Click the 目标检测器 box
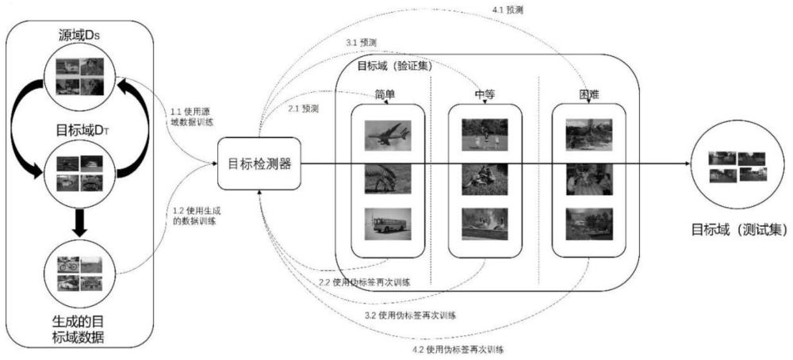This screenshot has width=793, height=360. click(259, 163)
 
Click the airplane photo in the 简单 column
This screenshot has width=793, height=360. click(388, 135)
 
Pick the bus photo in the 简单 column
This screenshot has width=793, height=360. click(388, 223)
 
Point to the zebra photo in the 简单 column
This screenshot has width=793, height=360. click(388, 179)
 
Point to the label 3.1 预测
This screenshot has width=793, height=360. click(361, 43)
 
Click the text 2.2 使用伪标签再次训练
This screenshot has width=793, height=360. click(364, 282)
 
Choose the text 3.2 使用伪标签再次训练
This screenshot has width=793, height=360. click(410, 316)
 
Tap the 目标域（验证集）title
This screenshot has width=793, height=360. click(395, 67)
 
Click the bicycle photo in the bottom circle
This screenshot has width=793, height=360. click(68, 264)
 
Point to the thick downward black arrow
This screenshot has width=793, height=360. click(79, 221)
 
